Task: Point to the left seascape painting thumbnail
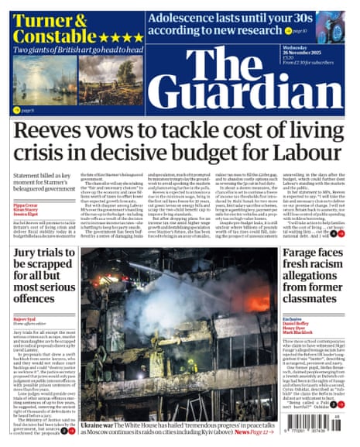(44, 80)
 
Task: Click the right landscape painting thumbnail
(110, 80)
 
